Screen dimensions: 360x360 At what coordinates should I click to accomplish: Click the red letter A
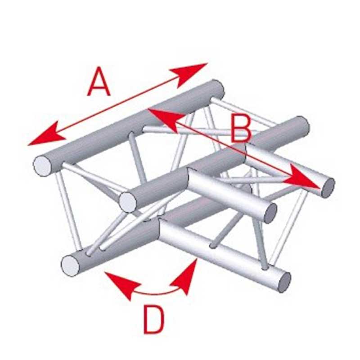99,81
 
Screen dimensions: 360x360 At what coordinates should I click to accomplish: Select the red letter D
154,320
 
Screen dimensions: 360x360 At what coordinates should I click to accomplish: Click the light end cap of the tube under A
42,166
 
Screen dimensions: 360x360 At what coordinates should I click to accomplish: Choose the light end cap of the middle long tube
128,202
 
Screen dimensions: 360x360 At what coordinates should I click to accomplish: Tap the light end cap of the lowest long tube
70,266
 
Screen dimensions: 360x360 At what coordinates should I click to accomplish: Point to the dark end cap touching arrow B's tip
328,188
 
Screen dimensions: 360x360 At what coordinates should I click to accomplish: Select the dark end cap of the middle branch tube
270,213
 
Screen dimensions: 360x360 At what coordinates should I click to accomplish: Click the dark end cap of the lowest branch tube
285,282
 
